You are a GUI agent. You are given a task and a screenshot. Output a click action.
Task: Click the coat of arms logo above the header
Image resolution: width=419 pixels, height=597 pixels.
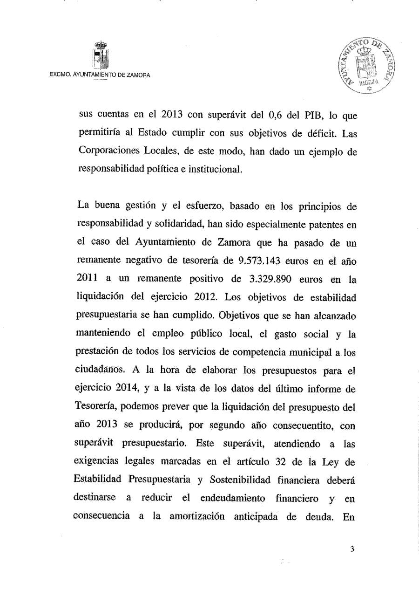[101, 55]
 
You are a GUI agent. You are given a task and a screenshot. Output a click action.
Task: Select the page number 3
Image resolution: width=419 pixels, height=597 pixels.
[352, 549]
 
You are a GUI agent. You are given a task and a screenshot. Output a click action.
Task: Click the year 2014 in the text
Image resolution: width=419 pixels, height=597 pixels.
[122, 388]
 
